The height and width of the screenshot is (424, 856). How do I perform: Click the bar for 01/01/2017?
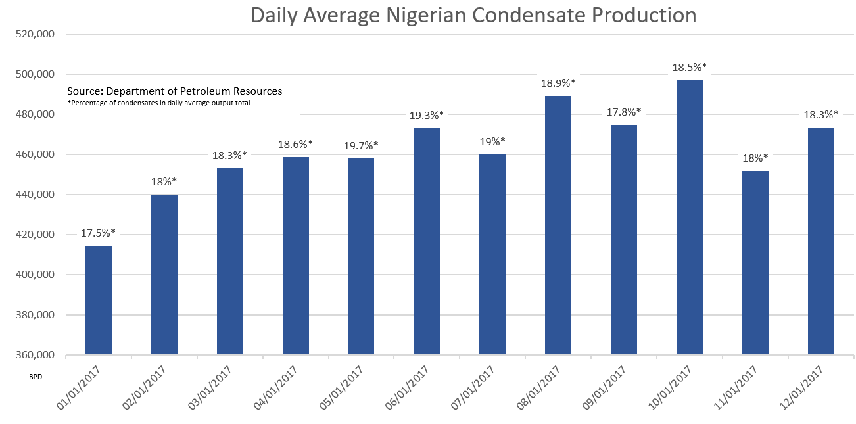coord(99,300)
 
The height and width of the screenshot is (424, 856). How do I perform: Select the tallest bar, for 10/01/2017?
coord(690,218)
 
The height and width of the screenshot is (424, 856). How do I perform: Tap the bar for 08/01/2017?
coord(558,225)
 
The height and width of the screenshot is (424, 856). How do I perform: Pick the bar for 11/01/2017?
coord(755,263)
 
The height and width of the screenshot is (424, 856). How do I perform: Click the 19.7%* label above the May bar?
coord(361,145)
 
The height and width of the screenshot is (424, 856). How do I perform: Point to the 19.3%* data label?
coord(427,115)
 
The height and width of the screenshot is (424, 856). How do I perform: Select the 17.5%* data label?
coord(99,233)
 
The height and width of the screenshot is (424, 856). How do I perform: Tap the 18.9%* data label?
coord(558,83)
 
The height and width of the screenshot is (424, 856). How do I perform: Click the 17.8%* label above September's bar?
coord(624,112)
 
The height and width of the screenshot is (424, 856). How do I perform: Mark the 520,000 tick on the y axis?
coord(36,34)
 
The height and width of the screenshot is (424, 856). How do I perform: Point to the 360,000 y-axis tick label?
coord(36,355)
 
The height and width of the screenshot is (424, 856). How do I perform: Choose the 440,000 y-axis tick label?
coord(36,195)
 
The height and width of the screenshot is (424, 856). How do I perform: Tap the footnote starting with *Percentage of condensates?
coord(158,103)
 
